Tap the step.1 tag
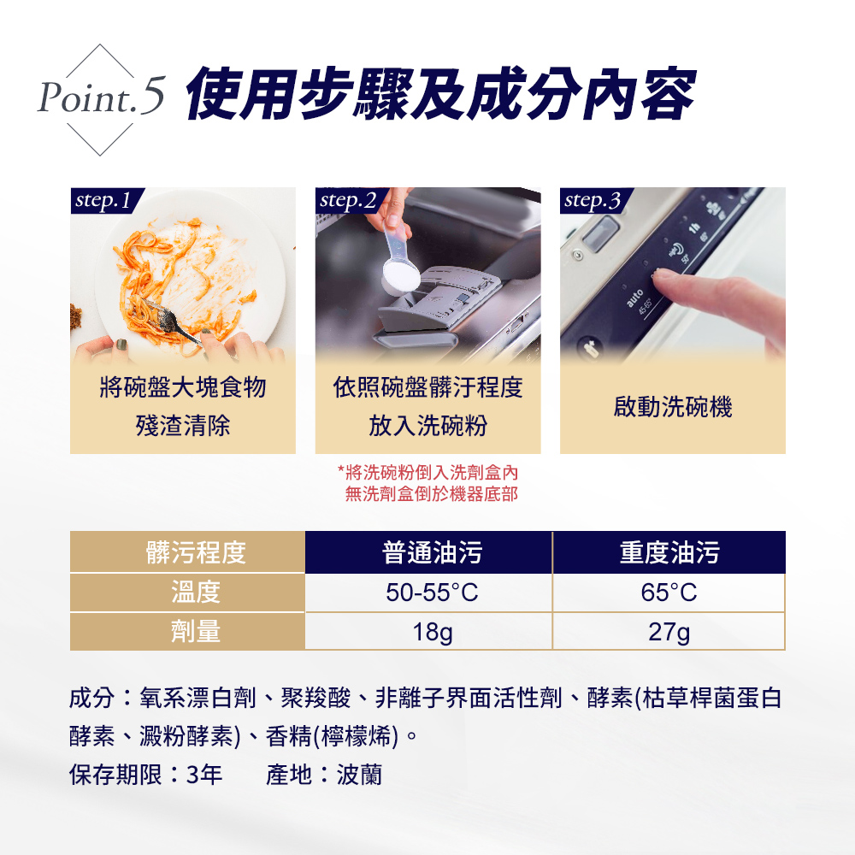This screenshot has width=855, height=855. point(106,200)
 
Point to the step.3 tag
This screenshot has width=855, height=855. point(596,200)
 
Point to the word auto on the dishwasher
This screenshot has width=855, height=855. point(634,298)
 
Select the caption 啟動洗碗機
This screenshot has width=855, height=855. point(672,407)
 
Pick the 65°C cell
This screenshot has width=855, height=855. point(669,593)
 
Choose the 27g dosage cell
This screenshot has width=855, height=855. point(669,632)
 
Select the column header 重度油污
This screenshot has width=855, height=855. point(669,551)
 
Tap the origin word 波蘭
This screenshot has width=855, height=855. point(359,775)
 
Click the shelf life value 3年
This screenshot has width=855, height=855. point(204,775)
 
